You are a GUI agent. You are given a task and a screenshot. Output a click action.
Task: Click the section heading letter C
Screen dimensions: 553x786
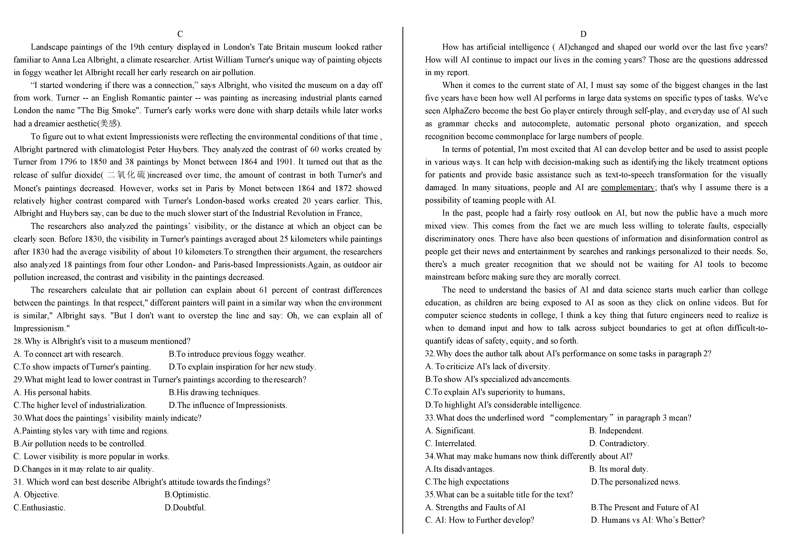tap(180, 34)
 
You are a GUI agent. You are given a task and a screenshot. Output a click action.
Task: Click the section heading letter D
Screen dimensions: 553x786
tap(583, 34)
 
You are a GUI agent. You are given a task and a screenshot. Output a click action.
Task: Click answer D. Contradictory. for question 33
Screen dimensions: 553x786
tap(619, 444)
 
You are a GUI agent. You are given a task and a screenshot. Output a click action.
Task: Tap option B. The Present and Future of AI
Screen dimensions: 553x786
tap(645, 508)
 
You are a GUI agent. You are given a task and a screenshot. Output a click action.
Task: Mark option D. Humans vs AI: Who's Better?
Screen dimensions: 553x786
tap(648, 520)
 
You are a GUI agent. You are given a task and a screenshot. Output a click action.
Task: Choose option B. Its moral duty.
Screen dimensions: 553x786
tap(618, 469)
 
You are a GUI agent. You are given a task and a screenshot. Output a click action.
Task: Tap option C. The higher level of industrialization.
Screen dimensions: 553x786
tap(80, 405)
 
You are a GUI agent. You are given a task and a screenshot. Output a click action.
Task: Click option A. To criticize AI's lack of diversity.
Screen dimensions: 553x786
tap(488, 367)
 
